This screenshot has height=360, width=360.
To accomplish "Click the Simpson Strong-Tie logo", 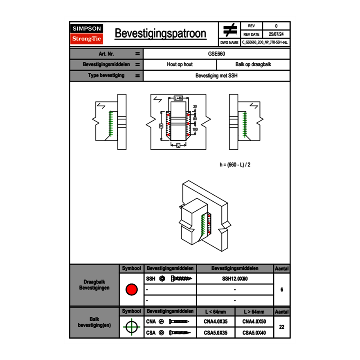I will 87,34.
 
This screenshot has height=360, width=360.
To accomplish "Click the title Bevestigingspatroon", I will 160,34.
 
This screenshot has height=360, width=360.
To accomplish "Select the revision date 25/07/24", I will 276,34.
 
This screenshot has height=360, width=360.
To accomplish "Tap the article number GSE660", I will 216,54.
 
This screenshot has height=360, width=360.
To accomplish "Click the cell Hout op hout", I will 180,65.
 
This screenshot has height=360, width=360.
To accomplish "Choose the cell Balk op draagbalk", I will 253,65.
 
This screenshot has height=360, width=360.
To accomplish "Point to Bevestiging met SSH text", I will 216,76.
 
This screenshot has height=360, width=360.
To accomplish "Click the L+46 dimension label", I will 178,98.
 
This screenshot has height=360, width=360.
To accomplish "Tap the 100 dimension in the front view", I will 195,129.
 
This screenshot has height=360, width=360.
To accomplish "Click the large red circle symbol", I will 131,290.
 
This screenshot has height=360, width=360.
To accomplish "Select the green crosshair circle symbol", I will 131,327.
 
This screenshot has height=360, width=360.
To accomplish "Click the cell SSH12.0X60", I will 235,279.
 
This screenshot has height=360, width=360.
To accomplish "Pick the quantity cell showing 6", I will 281,290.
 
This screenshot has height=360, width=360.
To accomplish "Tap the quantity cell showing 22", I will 281,327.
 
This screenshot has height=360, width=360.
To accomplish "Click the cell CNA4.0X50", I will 254,322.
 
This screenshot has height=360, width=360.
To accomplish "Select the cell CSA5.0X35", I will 216,333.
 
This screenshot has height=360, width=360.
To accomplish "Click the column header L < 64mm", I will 216,312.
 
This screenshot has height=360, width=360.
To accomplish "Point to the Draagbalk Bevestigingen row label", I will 94,285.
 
